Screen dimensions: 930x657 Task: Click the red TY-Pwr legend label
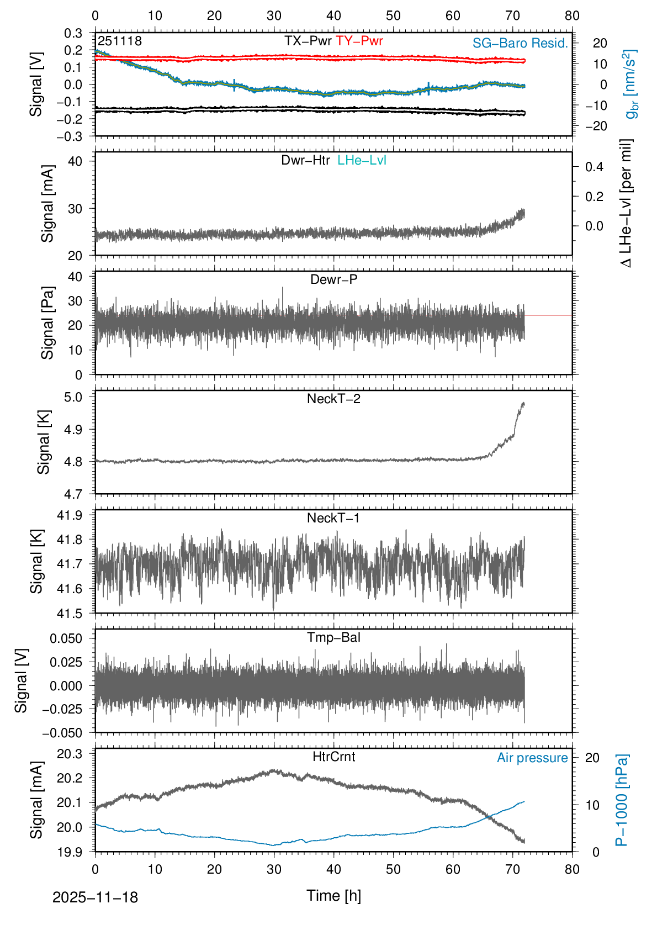click(359, 41)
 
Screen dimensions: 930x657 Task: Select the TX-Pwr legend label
click(308, 41)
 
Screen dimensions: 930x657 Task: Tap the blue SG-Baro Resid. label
click(520, 43)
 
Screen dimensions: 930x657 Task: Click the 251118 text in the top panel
click(120, 41)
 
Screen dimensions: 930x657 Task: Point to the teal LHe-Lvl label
click(362, 160)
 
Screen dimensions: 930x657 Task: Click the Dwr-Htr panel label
click(305, 160)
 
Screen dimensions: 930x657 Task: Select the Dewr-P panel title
click(334, 279)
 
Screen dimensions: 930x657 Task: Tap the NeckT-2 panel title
click(334, 399)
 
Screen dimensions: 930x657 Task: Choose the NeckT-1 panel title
click(333, 518)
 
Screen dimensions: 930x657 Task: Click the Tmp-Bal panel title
click(334, 637)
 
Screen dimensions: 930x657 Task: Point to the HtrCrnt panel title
click(334, 757)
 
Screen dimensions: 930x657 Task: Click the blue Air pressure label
click(532, 758)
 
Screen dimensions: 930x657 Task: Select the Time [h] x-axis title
click(334, 895)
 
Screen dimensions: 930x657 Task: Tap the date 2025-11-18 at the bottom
click(95, 897)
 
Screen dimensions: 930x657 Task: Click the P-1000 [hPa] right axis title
click(622, 800)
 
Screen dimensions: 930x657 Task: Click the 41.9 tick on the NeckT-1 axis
click(70, 515)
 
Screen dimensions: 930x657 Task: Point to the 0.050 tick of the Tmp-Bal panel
click(66, 638)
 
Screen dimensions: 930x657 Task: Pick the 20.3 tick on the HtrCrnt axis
click(70, 754)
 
